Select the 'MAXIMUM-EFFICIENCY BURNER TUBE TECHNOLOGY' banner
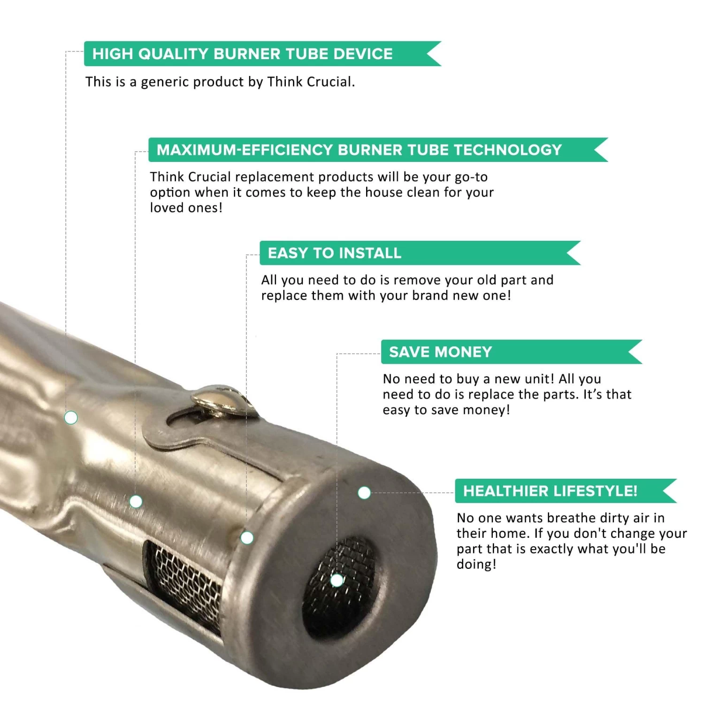click(378, 150)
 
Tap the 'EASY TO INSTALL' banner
click(420, 253)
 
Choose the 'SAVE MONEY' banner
click(512, 352)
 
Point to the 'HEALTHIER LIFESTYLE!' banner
click(566, 491)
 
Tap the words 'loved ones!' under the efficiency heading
click(186, 207)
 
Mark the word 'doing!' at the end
click(476, 564)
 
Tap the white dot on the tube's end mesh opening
click(337, 581)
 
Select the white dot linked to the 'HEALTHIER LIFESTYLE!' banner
click(364, 493)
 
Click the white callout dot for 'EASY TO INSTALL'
click(247, 538)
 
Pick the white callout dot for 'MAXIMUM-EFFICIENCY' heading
click(136, 502)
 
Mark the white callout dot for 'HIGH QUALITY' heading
click(71, 417)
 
